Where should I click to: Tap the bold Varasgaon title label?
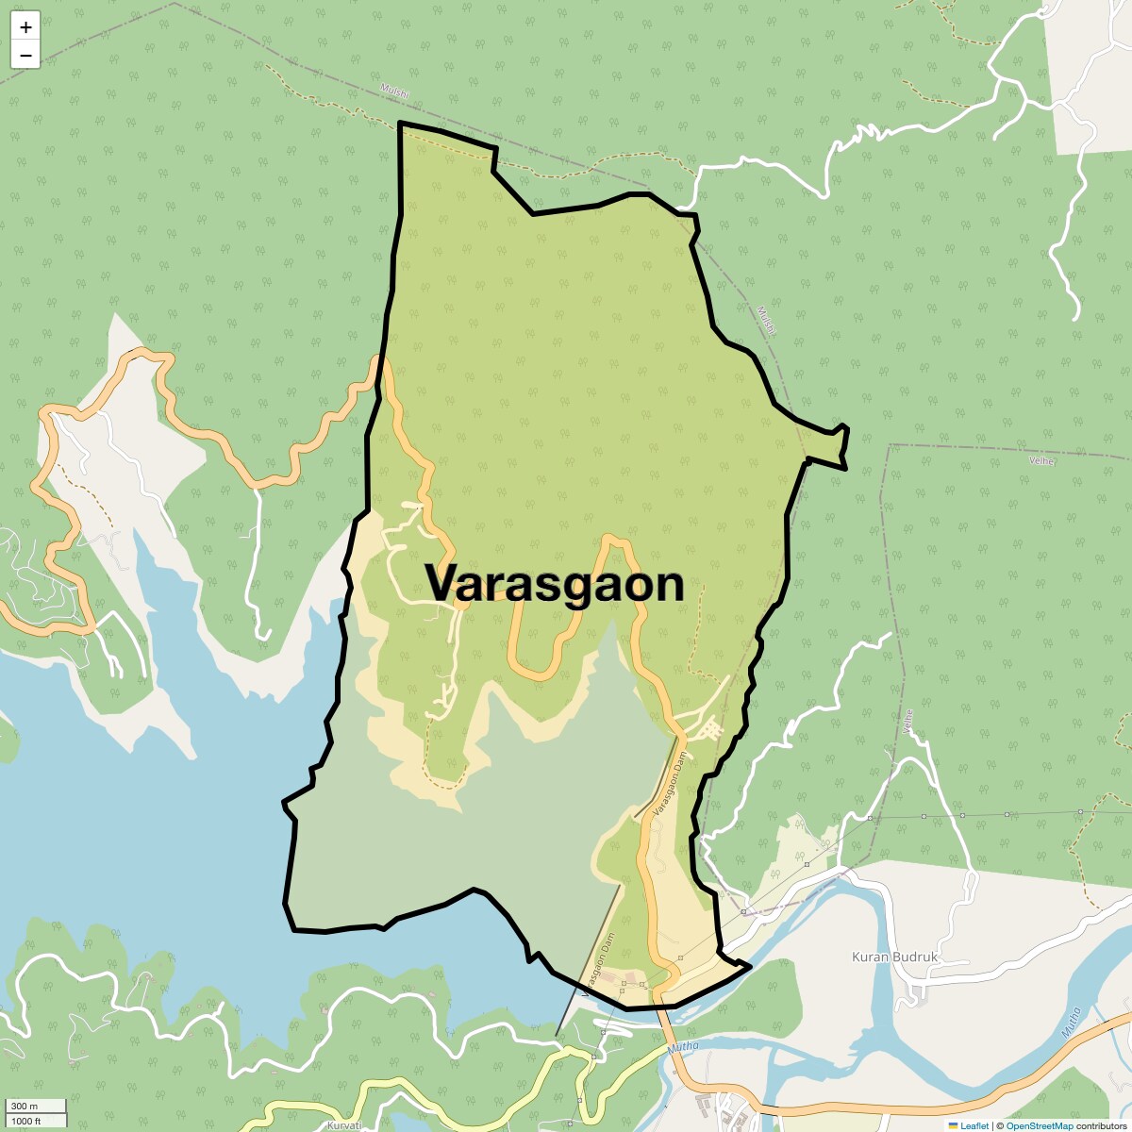pos(555,583)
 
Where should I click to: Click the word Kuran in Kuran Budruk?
pos(871,957)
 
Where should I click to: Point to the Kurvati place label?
pos(343,1125)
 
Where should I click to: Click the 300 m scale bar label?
pos(25,1106)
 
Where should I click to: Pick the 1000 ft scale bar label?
pos(27,1121)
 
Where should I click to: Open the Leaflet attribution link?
pos(974,1125)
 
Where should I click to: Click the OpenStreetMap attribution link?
pos(1039,1125)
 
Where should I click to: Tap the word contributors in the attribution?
pos(1101,1125)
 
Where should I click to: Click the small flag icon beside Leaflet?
pos(953,1125)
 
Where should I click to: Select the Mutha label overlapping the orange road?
pos(683,1047)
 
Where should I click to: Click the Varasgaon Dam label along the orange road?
pos(667,787)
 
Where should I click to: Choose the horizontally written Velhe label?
pos(1041,460)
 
